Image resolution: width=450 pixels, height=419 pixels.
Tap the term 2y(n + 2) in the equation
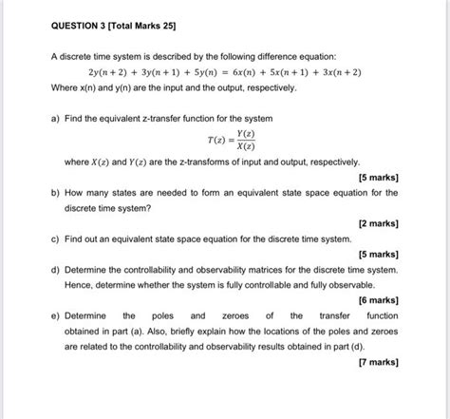coord(107,72)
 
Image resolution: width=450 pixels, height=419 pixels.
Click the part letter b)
coord(56,192)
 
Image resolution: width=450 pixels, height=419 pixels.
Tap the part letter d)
coord(56,269)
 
